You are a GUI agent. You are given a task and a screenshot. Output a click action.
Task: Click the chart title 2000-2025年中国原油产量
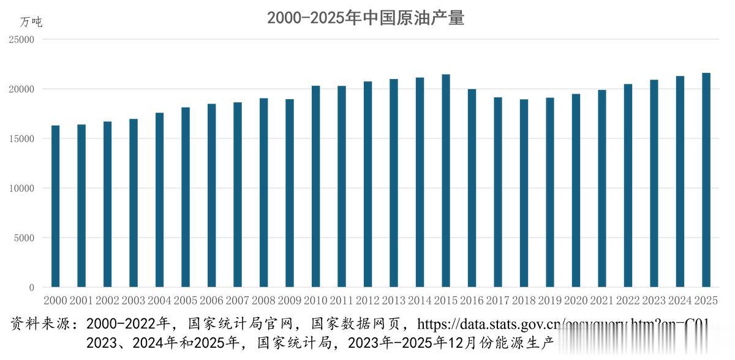click(x=366, y=18)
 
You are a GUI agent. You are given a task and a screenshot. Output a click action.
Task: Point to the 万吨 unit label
click(x=31, y=22)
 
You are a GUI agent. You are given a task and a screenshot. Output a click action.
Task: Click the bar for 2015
click(x=446, y=181)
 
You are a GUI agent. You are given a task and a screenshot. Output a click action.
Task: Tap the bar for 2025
click(x=706, y=180)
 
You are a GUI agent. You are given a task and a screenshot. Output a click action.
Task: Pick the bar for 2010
click(x=315, y=186)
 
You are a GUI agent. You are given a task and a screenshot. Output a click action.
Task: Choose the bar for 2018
click(x=524, y=193)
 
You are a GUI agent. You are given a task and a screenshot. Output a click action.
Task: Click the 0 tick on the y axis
click(x=32, y=288)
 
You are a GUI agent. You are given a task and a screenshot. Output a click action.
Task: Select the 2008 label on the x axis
click(x=263, y=301)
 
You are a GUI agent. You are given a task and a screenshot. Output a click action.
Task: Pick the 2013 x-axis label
click(x=394, y=301)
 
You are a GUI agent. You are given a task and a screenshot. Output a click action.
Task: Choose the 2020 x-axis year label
click(x=576, y=301)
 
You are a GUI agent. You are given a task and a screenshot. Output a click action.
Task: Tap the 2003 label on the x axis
click(x=134, y=301)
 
